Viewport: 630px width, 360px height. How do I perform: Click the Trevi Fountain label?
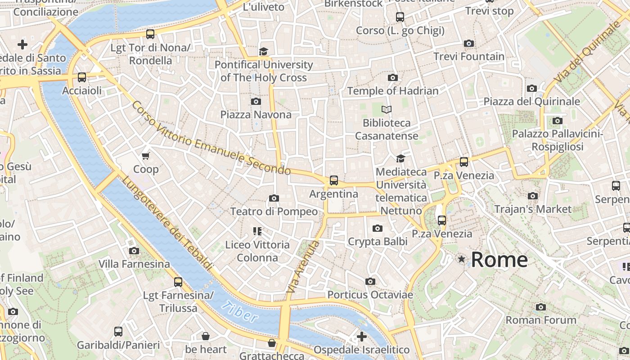(468, 57)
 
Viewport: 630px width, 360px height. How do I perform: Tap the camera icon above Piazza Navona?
(256, 101)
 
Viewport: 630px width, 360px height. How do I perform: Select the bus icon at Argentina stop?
(333, 180)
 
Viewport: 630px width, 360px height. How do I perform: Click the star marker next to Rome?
(461, 259)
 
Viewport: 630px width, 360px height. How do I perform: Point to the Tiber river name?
(240, 311)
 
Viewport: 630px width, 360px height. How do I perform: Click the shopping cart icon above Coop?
(145, 156)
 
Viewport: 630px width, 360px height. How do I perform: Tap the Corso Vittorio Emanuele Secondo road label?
(211, 139)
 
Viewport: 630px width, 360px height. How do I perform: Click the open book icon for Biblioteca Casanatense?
(387, 109)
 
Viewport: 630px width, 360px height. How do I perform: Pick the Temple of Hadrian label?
(392, 91)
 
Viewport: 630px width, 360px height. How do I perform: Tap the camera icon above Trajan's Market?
(533, 196)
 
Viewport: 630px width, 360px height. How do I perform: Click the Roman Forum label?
(540, 320)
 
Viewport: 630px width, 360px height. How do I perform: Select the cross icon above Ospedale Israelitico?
(362, 337)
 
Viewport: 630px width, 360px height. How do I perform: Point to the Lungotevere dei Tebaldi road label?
(167, 223)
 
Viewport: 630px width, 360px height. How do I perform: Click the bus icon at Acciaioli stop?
(81, 77)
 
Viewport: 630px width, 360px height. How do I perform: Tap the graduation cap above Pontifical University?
(263, 52)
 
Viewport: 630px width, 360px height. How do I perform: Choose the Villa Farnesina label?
(134, 264)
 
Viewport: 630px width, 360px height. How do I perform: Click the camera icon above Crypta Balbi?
(378, 229)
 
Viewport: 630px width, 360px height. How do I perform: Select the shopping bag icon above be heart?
(206, 336)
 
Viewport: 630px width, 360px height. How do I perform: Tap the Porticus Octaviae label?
(370, 295)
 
